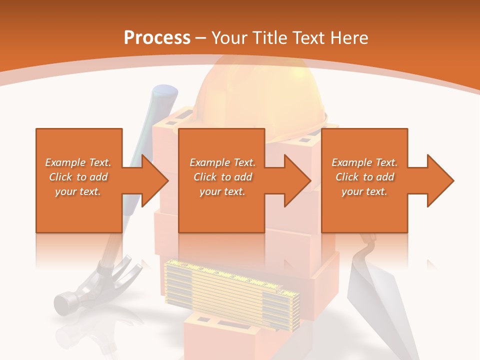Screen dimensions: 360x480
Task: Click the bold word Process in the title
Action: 157,38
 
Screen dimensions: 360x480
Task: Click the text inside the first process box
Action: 78,177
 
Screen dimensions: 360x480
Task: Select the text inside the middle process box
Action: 222,177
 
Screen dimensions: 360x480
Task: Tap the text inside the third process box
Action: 364,177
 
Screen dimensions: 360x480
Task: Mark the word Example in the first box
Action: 65,162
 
